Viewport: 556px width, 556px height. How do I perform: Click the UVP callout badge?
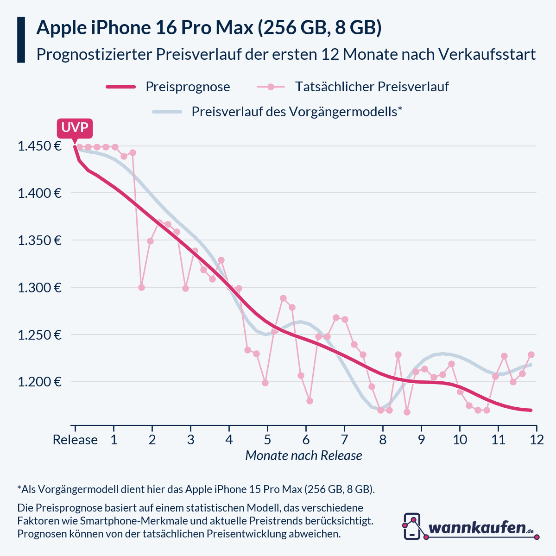click(x=75, y=128)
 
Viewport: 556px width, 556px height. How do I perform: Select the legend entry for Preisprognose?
click(x=187, y=87)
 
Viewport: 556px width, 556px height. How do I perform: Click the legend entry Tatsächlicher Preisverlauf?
click(x=372, y=87)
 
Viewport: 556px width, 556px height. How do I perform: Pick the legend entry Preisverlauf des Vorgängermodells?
click(x=297, y=112)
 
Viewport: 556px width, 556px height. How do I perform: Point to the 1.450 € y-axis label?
click(x=39, y=146)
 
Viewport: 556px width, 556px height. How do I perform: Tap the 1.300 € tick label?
click(x=39, y=288)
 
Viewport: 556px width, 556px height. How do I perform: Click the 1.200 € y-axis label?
click(x=39, y=382)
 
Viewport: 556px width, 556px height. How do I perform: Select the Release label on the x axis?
click(x=75, y=440)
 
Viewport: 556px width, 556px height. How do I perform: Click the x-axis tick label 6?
click(x=306, y=440)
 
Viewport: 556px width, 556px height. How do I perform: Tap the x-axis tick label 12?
click(x=536, y=440)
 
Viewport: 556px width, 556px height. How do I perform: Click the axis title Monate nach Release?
click(x=303, y=455)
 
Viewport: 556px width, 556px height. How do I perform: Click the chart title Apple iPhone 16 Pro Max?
click(x=208, y=28)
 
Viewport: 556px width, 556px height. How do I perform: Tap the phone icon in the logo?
click(x=412, y=526)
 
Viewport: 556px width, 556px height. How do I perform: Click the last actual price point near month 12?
click(x=531, y=354)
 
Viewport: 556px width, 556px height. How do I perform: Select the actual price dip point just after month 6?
click(x=310, y=401)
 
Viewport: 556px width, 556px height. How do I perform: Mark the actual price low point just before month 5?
click(x=265, y=383)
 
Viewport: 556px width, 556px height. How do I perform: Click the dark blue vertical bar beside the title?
click(x=21, y=40)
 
